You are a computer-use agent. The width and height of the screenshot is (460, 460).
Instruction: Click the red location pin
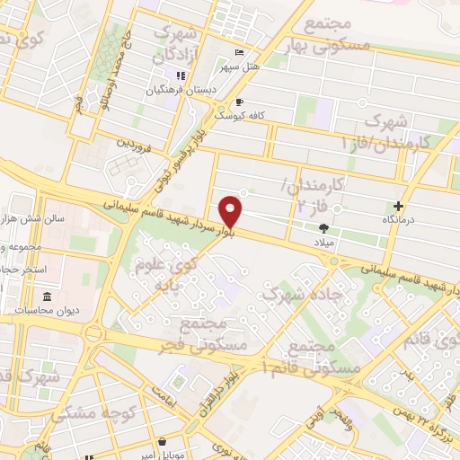(x=231, y=212)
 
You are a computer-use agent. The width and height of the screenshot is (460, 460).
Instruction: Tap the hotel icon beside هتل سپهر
(x=237, y=51)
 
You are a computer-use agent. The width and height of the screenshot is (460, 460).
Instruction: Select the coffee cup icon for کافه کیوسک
(x=240, y=102)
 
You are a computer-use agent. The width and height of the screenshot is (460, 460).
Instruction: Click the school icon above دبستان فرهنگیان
(x=181, y=76)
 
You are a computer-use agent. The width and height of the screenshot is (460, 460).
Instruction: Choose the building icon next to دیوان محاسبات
(x=47, y=297)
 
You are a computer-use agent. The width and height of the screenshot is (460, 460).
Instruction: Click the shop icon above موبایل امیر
(x=162, y=442)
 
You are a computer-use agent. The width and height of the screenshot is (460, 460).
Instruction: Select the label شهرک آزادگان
(x=175, y=42)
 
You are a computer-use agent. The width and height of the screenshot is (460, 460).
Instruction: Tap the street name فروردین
(x=139, y=141)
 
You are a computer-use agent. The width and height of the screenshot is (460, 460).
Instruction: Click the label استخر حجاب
(x=31, y=270)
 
